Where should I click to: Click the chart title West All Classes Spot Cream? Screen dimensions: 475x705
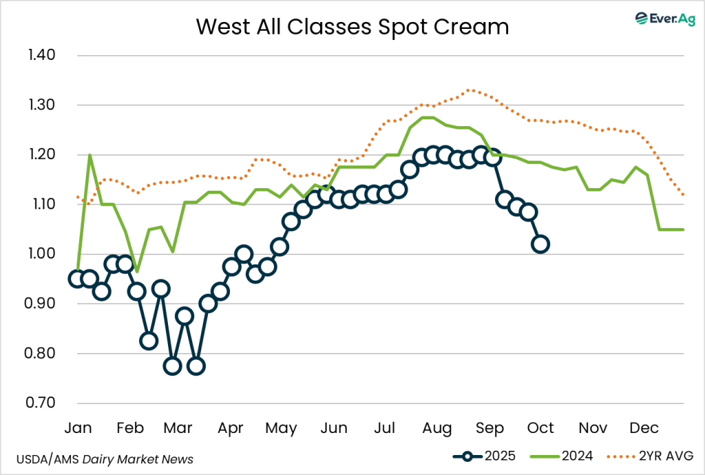coord(352,26)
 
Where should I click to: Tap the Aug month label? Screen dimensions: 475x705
coord(437,428)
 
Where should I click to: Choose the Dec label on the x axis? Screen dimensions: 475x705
coord(644,428)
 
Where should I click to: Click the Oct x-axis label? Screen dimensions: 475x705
coord(540,428)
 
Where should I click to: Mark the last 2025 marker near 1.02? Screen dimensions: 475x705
coord(541,244)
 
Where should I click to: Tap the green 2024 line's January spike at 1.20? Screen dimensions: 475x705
coord(90,155)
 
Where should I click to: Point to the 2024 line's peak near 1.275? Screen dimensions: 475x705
coord(428,117)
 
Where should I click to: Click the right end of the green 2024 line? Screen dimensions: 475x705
coord(683,230)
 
